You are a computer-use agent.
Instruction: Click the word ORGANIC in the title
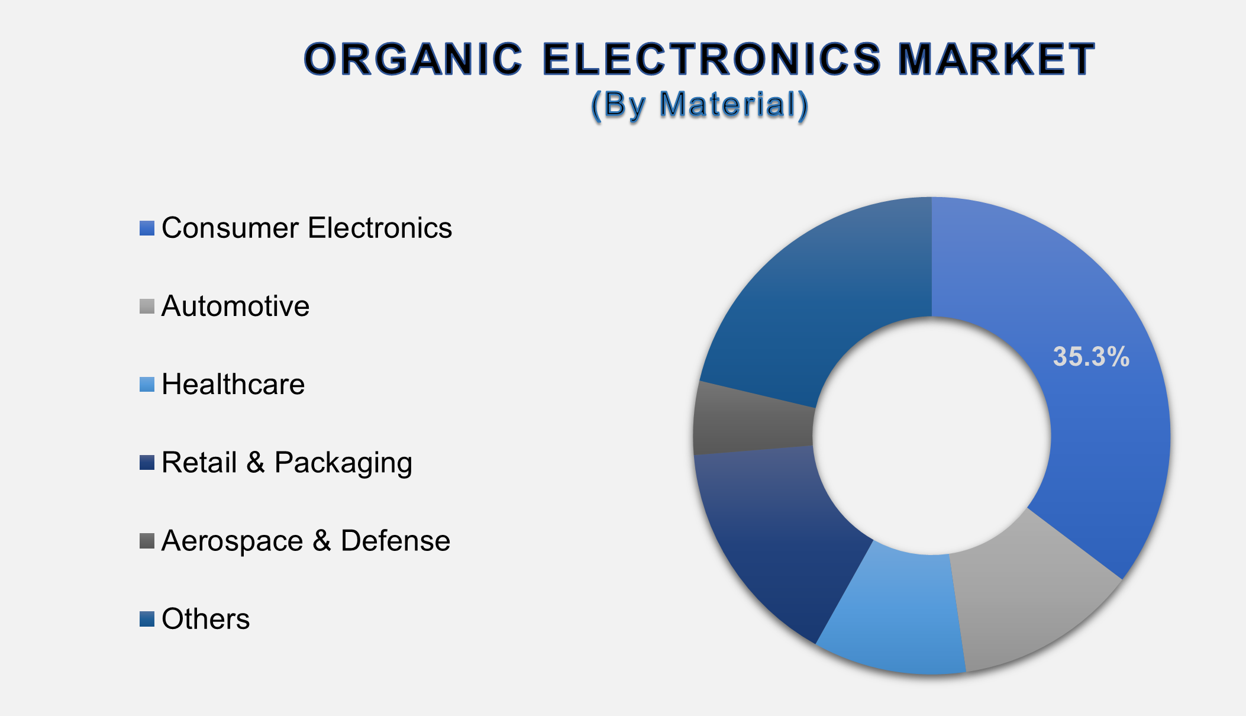click(x=413, y=59)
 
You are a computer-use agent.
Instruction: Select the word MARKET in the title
click(x=996, y=59)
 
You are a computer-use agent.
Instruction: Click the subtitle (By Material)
click(x=700, y=105)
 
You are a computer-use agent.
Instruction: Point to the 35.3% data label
click(x=1091, y=357)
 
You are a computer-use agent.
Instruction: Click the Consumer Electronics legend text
click(x=306, y=228)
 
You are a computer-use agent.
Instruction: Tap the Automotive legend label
click(x=235, y=306)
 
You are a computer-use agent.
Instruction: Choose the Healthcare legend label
click(x=233, y=384)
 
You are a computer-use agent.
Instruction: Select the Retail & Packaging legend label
click(x=287, y=462)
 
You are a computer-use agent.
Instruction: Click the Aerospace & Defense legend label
click(x=306, y=540)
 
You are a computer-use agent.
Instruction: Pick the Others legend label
click(x=205, y=619)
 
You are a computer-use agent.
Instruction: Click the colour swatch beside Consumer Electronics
click(x=147, y=228)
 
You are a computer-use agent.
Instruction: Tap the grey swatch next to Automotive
click(x=147, y=306)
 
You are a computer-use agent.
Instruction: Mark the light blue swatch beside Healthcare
click(x=147, y=384)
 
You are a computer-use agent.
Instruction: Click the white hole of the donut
click(x=932, y=435)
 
